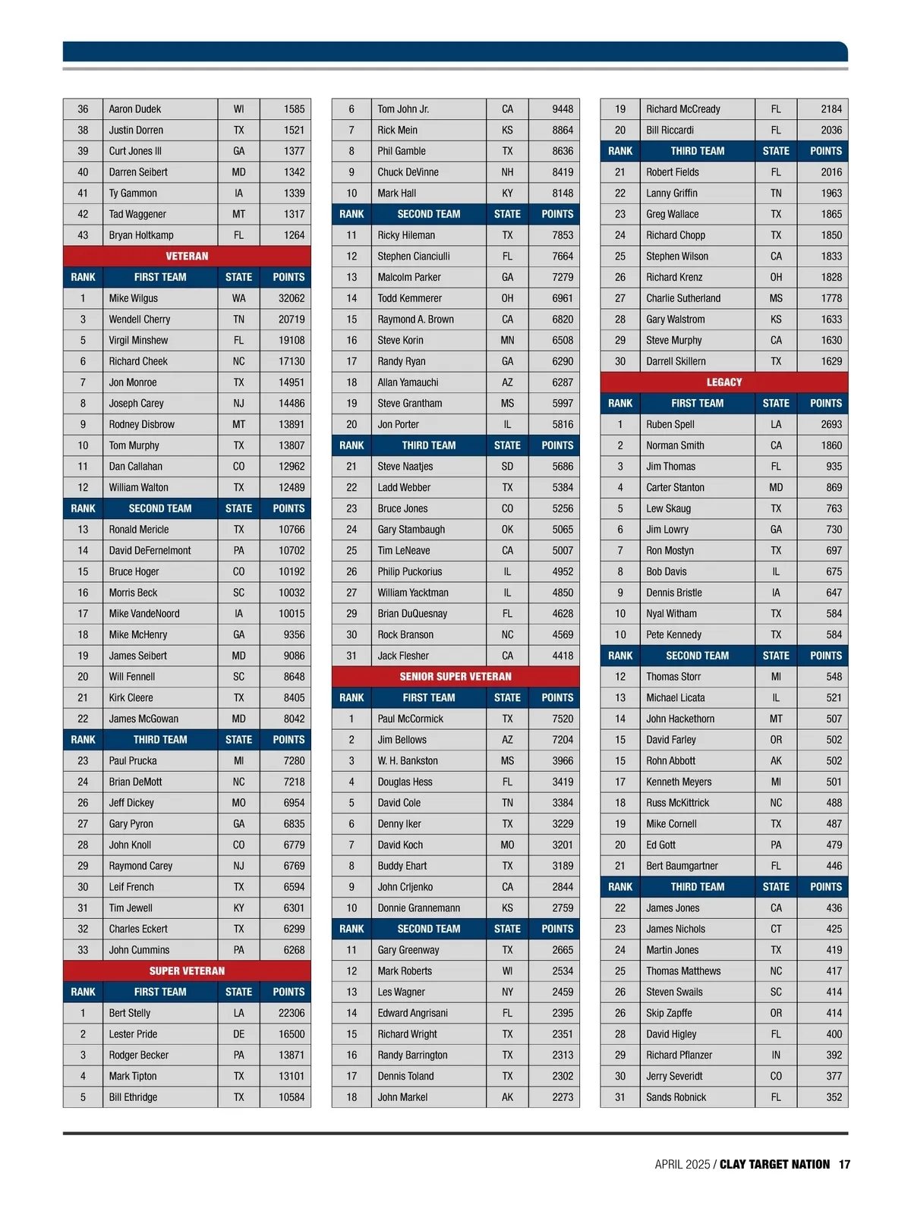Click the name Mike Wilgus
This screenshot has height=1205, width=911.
tap(134, 298)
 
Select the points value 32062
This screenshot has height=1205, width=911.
tap(292, 298)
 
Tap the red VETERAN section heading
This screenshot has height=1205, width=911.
tap(187, 256)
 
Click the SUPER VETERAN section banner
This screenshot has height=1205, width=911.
tap(187, 971)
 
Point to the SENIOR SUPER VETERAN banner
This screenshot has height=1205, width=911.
tap(455, 676)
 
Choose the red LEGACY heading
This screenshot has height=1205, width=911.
tap(723, 382)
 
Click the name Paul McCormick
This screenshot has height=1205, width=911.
tap(410, 719)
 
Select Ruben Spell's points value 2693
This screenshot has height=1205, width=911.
tap(831, 424)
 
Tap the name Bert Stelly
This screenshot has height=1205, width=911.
tap(130, 1013)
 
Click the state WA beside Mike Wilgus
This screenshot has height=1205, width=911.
tap(238, 298)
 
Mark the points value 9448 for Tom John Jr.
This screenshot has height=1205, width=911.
tap(563, 109)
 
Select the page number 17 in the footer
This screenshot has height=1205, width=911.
tap(844, 1164)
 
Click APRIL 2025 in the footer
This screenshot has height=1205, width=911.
tap(682, 1164)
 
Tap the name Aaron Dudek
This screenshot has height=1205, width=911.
tap(135, 109)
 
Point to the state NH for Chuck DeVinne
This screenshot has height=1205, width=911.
tap(507, 172)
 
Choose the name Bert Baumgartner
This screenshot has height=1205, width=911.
tap(682, 866)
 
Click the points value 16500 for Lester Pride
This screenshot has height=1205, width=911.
tap(292, 1034)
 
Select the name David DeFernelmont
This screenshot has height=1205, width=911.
tap(150, 551)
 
